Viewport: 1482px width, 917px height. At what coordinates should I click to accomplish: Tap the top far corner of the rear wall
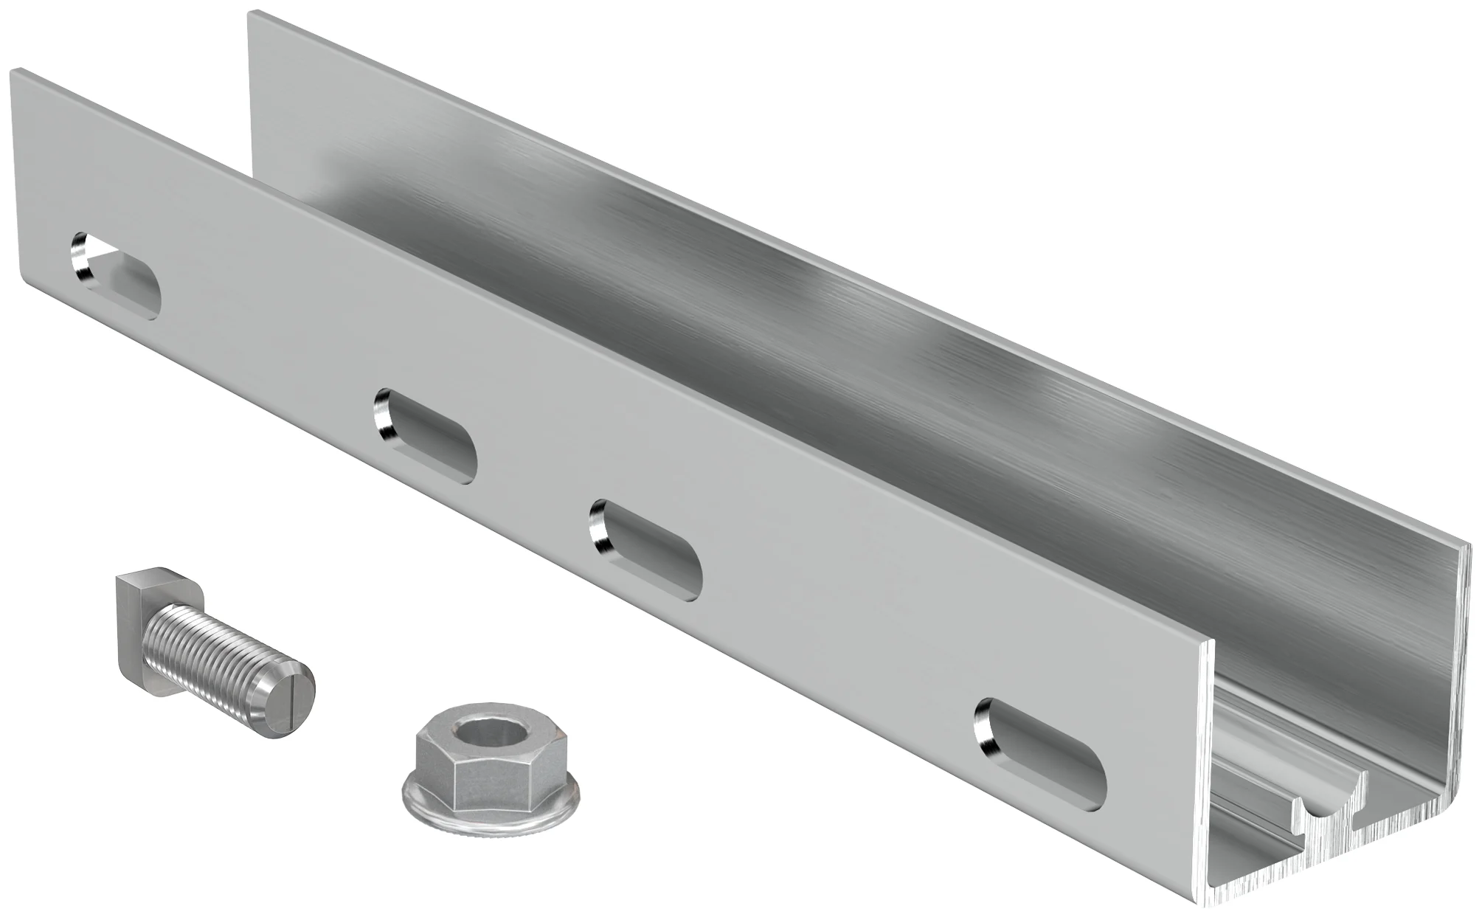click(x=251, y=13)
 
